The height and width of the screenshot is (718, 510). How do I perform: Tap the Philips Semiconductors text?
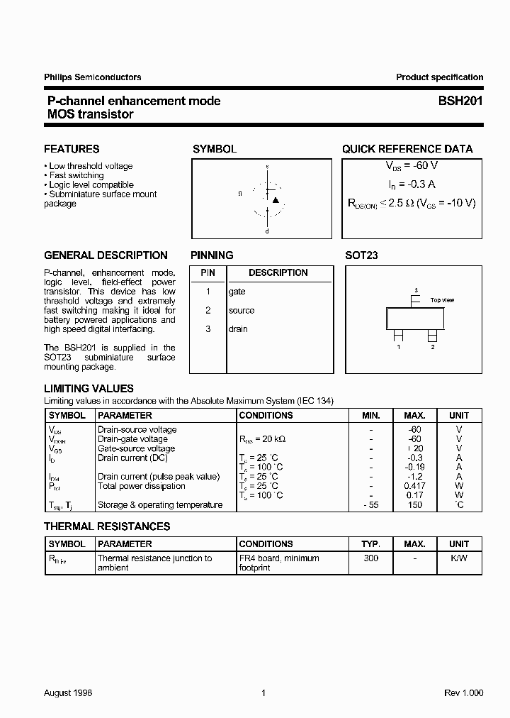92,77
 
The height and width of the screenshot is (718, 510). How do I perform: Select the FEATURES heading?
72,149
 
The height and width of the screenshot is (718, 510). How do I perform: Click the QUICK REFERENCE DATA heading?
407,149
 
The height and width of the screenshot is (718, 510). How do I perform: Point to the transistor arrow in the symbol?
276,200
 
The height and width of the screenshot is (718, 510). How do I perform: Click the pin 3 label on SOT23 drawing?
416,290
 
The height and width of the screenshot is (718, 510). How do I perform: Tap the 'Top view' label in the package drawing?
442,300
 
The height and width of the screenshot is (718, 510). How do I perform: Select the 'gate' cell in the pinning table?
237,292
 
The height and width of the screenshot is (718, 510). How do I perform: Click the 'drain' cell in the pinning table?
238,328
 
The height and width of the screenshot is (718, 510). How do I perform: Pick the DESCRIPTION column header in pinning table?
278,272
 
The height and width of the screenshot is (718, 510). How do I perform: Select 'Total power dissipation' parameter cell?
141,486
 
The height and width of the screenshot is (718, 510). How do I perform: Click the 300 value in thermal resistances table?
370,558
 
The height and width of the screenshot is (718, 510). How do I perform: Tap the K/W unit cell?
458,558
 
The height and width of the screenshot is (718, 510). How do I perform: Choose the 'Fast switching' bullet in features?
76,175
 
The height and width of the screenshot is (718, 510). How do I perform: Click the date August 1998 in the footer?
68,692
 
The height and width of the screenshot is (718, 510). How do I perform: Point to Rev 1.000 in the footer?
464,692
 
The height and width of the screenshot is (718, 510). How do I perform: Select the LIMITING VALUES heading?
89,389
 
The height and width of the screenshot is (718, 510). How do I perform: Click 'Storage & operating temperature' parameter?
159,505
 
